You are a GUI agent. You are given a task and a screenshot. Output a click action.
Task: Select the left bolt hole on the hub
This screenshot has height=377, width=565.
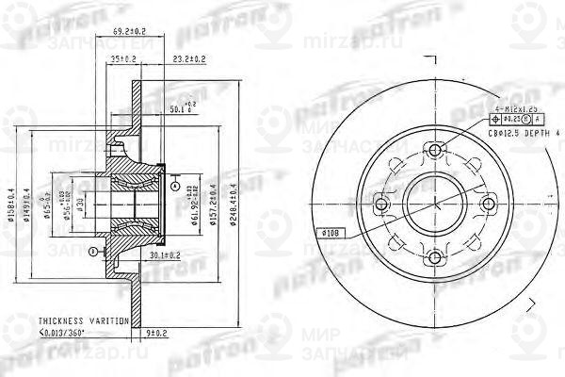pos(380,204)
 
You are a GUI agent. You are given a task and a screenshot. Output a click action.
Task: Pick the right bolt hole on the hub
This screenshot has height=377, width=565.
pos(488,204)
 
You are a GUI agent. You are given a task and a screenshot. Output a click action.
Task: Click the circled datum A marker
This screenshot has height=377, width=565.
pos(176,188)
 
